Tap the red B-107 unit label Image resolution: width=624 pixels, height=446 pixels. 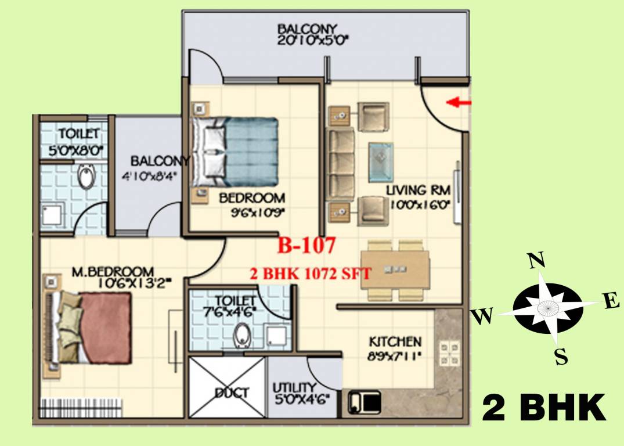(306, 246)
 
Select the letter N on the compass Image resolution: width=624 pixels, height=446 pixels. (536, 261)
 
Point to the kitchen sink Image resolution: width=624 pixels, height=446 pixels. (365, 402)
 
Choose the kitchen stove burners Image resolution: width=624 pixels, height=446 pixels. (449, 354)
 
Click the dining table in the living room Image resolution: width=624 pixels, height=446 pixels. (395, 269)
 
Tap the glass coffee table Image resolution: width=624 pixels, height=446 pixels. (381, 162)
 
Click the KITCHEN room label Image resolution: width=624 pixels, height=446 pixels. (395, 341)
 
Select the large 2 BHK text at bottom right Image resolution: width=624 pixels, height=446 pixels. (544, 408)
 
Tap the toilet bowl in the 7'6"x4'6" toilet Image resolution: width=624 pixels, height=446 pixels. (241, 335)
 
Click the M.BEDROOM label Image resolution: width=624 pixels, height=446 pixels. (113, 271)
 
